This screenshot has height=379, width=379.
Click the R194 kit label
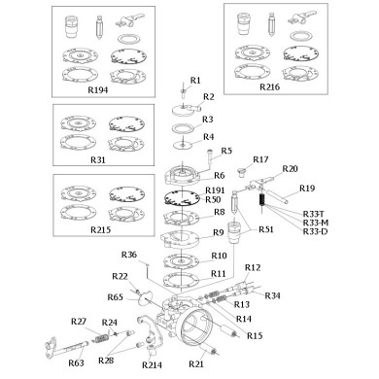(98, 89)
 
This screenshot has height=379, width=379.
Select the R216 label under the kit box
(269, 86)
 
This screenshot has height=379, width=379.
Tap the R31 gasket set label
(98, 159)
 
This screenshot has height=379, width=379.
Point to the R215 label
(100, 229)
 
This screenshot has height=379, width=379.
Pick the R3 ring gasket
(184, 127)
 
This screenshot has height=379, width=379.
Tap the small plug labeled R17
(241, 172)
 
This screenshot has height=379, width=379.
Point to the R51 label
(266, 229)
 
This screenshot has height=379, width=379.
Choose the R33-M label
(316, 223)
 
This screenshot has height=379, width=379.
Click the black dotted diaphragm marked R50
(182, 198)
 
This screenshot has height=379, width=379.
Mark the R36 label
(129, 255)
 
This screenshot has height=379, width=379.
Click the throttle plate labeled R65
(145, 297)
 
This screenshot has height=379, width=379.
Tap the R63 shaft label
(76, 363)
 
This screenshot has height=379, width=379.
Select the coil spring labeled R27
(101, 337)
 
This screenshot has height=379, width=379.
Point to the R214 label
(152, 365)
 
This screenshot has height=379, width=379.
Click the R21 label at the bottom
(196, 364)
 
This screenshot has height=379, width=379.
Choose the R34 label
(273, 295)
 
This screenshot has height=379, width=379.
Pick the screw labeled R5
(209, 158)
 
